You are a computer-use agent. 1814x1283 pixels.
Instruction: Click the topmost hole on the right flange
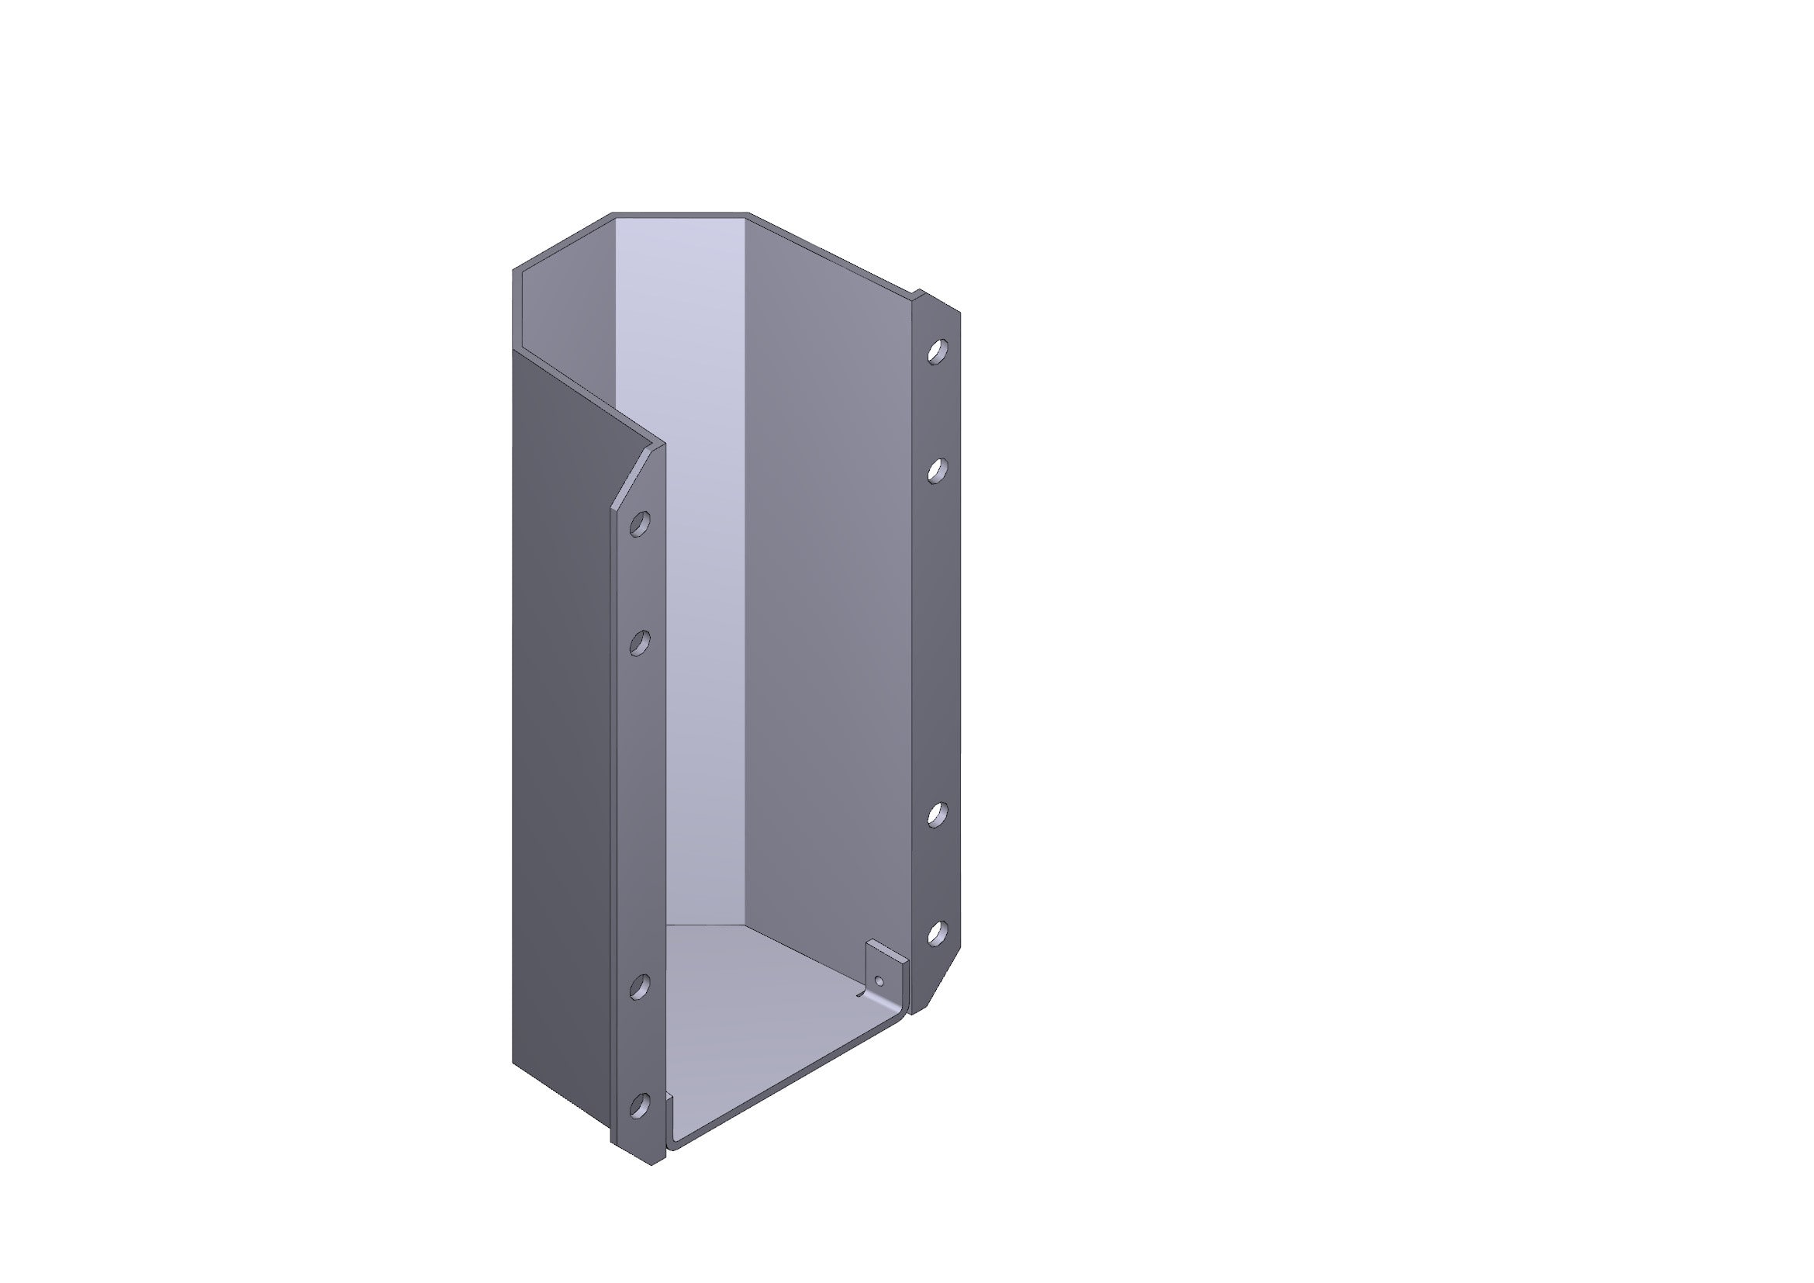pos(937,351)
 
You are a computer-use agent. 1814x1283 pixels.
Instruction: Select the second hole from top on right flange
pos(937,471)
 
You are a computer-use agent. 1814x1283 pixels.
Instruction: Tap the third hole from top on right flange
pos(937,814)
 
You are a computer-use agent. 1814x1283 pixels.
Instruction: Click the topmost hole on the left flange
pos(640,524)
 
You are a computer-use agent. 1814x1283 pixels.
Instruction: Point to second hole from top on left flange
pos(640,643)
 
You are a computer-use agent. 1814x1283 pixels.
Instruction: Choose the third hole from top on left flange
pos(640,986)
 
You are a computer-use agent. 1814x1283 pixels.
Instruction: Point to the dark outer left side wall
pos(561,711)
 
